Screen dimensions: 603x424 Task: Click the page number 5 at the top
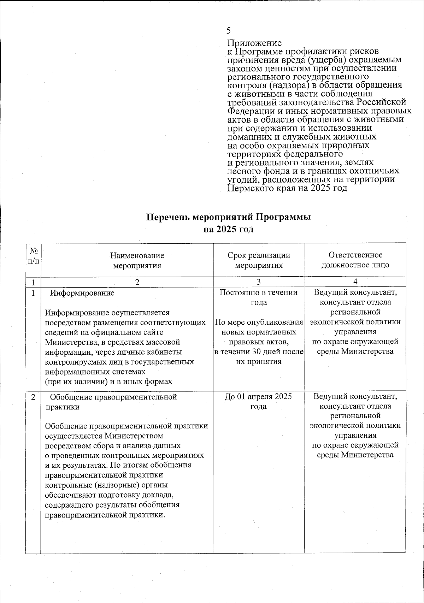coord(229,30)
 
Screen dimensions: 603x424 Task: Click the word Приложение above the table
coord(254,43)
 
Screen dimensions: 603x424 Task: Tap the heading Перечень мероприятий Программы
coord(229,217)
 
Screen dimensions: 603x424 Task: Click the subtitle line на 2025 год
coord(229,229)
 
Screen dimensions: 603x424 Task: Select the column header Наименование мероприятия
coord(137,260)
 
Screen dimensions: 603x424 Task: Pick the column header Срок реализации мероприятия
coord(259,260)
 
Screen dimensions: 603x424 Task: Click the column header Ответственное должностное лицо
coord(355,260)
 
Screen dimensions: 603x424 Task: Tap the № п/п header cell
coord(34,256)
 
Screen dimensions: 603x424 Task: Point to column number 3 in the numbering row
coord(259,282)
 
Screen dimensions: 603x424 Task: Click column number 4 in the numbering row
coord(355,282)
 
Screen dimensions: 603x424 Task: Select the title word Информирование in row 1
coord(82,293)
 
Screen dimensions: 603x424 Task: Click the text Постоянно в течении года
coord(259,297)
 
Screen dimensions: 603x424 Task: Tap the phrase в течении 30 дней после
coord(259,352)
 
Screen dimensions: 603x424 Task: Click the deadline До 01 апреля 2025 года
coord(259,401)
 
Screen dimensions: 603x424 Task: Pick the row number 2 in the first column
coord(33,397)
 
